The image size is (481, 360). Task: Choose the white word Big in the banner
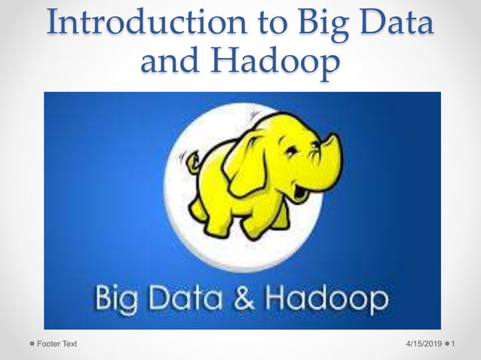(117, 300)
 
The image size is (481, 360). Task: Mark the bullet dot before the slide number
(449, 344)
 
